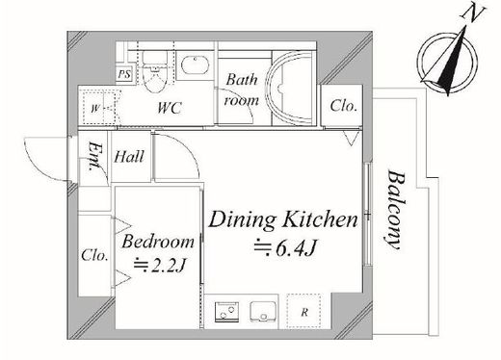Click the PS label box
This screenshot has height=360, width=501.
tap(124, 74)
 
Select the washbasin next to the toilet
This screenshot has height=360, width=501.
tap(196, 65)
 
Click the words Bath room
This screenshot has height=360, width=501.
tap(242, 90)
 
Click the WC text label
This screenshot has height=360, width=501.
tap(170, 108)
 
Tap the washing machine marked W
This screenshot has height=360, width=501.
tap(100, 108)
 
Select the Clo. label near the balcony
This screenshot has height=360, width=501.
tap(344, 106)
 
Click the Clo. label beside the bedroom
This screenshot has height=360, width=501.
tap(94, 255)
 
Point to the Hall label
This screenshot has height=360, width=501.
tap(129, 157)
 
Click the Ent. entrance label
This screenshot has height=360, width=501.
tap(95, 156)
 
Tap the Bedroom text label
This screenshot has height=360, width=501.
tap(158, 242)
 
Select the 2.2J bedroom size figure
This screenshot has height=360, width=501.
tap(161, 265)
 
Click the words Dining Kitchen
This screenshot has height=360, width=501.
tap(283, 220)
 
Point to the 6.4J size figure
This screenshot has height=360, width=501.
tap(286, 248)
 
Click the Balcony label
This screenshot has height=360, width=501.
tap(395, 210)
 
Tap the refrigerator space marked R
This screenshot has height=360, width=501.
tap(303, 311)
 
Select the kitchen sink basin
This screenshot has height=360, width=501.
tap(263, 311)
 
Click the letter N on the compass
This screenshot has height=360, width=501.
tap(472, 14)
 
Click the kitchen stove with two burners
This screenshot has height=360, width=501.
tap(226, 311)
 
